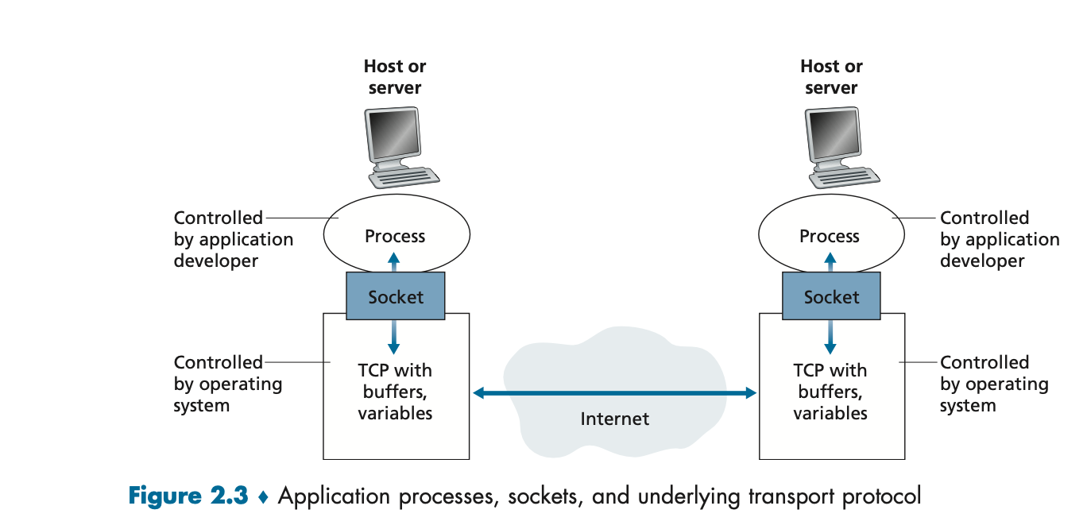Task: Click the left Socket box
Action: tap(396, 295)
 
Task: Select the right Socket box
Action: tap(831, 295)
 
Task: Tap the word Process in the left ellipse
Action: tap(395, 236)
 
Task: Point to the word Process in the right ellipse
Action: tap(830, 236)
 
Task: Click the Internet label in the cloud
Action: tap(615, 419)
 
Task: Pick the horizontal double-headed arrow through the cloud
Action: tap(615, 392)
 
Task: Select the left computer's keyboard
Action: tap(404, 177)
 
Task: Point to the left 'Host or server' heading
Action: tap(395, 76)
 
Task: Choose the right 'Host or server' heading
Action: tap(831, 76)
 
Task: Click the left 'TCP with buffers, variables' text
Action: tap(395, 392)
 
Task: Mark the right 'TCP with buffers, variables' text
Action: tap(830, 392)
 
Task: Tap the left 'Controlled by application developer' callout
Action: tap(234, 239)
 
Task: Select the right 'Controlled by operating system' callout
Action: tap(994, 384)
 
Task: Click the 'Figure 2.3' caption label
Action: tap(188, 496)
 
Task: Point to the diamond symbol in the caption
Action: tap(264, 497)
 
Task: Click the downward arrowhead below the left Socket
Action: tap(393, 348)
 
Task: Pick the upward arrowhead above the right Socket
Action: tap(830, 258)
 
